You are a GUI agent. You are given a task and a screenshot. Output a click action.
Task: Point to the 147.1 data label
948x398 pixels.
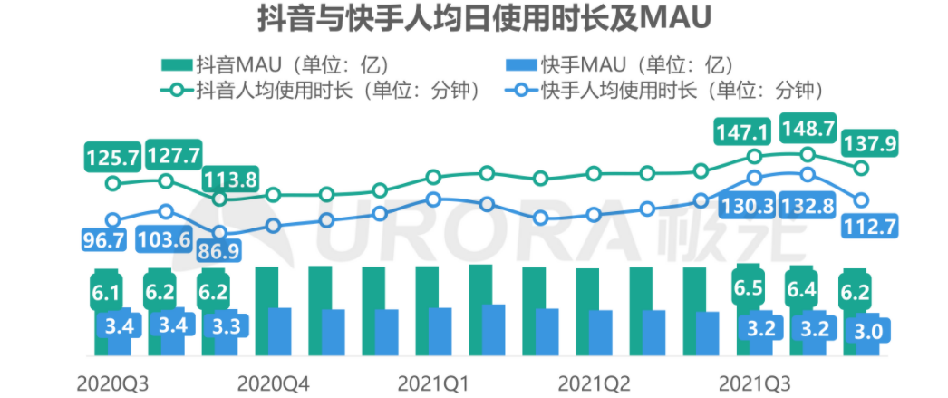(741, 134)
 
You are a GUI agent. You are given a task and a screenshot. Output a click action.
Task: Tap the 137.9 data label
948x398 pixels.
(871, 143)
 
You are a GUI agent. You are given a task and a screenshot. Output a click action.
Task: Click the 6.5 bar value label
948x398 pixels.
(749, 288)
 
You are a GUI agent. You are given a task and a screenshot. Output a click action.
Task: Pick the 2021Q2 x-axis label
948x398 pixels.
(594, 382)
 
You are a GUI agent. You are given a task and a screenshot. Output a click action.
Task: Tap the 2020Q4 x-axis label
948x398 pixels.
(273, 382)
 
